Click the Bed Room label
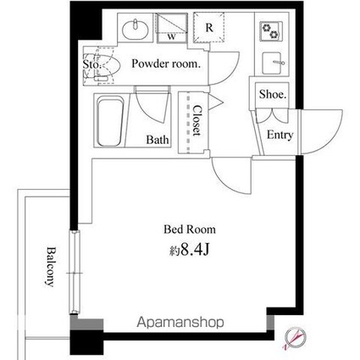tap(190, 230)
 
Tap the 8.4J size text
tap(189, 250)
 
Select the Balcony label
tap(51, 267)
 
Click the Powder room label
tap(166, 64)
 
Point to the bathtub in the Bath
tap(110, 121)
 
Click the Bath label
tap(158, 140)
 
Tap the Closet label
tap(197, 120)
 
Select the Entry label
tap(280, 135)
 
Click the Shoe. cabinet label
tap(273, 94)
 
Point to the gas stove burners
tap(271, 31)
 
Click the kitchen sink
tap(272, 63)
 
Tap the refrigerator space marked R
tap(209, 28)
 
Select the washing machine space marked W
tap(172, 28)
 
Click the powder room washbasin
tap(136, 30)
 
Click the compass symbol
tap(296, 338)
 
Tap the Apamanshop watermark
tap(180, 322)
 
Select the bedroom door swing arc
tap(231, 175)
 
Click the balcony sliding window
tap(75, 272)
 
